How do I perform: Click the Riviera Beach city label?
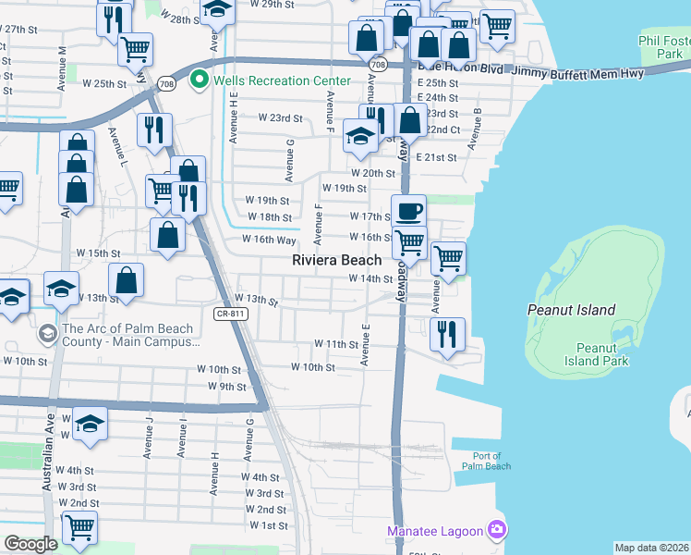(x=337, y=261)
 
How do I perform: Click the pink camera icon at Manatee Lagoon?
(x=497, y=529)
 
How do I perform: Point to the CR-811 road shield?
(x=230, y=314)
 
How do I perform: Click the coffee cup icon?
(x=409, y=211)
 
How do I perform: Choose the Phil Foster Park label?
(x=663, y=47)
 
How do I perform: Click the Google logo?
(x=30, y=544)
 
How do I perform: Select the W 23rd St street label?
(x=280, y=117)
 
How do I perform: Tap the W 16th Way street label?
(x=268, y=239)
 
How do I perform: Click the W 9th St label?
(x=226, y=386)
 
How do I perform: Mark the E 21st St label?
(x=437, y=157)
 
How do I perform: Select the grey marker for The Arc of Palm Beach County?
(x=47, y=330)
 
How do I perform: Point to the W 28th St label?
(x=181, y=18)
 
